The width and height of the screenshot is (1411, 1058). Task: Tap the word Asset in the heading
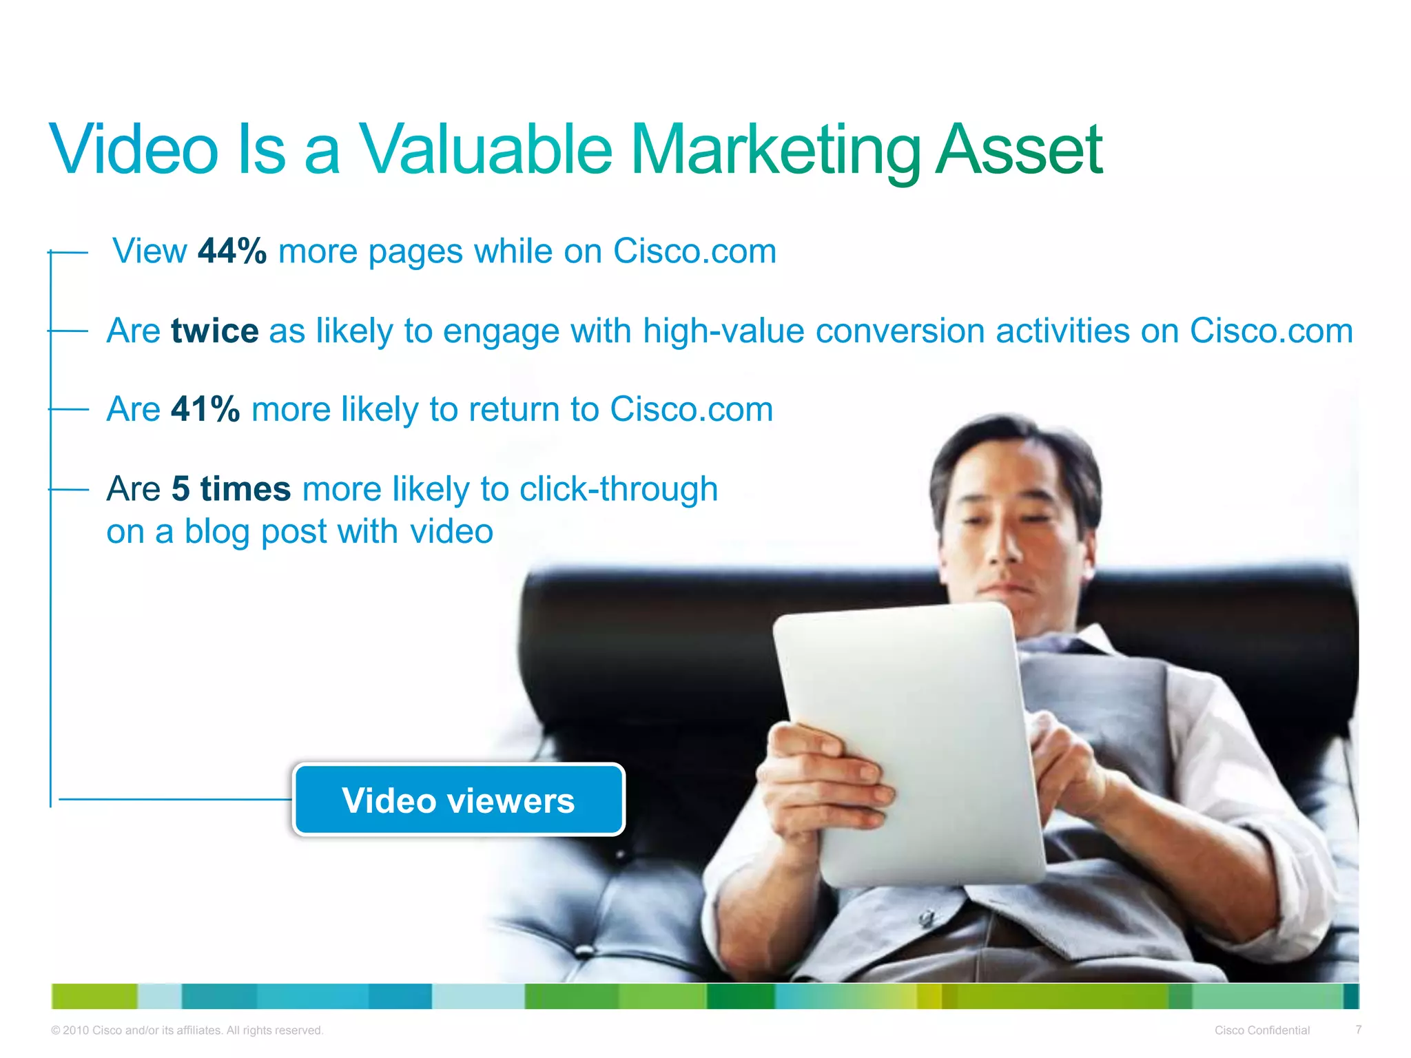1020,150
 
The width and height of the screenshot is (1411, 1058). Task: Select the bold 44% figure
231,251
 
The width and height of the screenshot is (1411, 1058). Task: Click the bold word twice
215,331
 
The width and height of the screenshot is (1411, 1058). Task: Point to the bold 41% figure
205,410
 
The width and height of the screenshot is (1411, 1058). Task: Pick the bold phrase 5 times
231,489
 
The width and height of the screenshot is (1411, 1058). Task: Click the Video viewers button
459,800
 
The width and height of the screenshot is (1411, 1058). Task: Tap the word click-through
619,489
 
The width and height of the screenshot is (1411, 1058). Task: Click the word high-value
723,331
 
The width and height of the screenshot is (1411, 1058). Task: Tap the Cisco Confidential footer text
1261,1030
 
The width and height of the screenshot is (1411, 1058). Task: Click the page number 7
1358,1030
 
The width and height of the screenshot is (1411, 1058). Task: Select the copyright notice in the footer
187,1030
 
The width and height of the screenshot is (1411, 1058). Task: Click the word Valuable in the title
486,150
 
